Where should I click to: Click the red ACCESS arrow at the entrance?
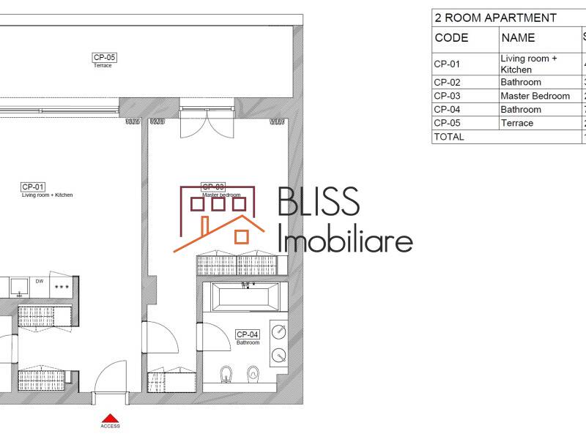[x=110, y=417]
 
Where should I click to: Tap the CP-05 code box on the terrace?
[x=104, y=56]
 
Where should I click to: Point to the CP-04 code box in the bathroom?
[x=248, y=334]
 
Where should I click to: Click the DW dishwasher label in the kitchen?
[x=40, y=282]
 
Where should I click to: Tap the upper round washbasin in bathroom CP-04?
[x=278, y=331]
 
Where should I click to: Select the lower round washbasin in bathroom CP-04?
[x=278, y=356]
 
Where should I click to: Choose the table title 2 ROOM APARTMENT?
[x=494, y=18]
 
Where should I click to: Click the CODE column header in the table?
[x=451, y=38]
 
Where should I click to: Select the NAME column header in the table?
[x=518, y=38]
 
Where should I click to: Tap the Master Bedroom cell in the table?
[x=535, y=96]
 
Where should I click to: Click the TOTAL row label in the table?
[x=449, y=137]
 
